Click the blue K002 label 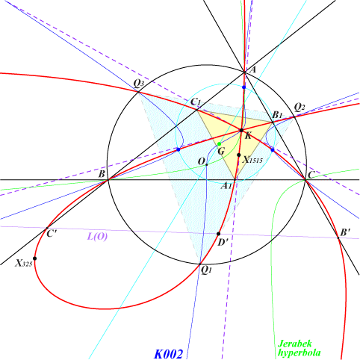169,354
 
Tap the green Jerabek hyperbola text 299,348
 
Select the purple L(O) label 97,236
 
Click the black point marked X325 35,258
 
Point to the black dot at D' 219,234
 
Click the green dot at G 220,144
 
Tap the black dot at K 241,130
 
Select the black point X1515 239,155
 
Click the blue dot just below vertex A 244,87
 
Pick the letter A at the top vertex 252,70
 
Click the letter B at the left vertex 102,174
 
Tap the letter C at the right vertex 311,176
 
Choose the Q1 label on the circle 206,271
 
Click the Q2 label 300,107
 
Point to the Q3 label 139,84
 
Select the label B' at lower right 346,233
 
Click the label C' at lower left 52,234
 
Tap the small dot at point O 207,164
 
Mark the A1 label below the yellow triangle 226,185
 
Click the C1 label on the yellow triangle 196,102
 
